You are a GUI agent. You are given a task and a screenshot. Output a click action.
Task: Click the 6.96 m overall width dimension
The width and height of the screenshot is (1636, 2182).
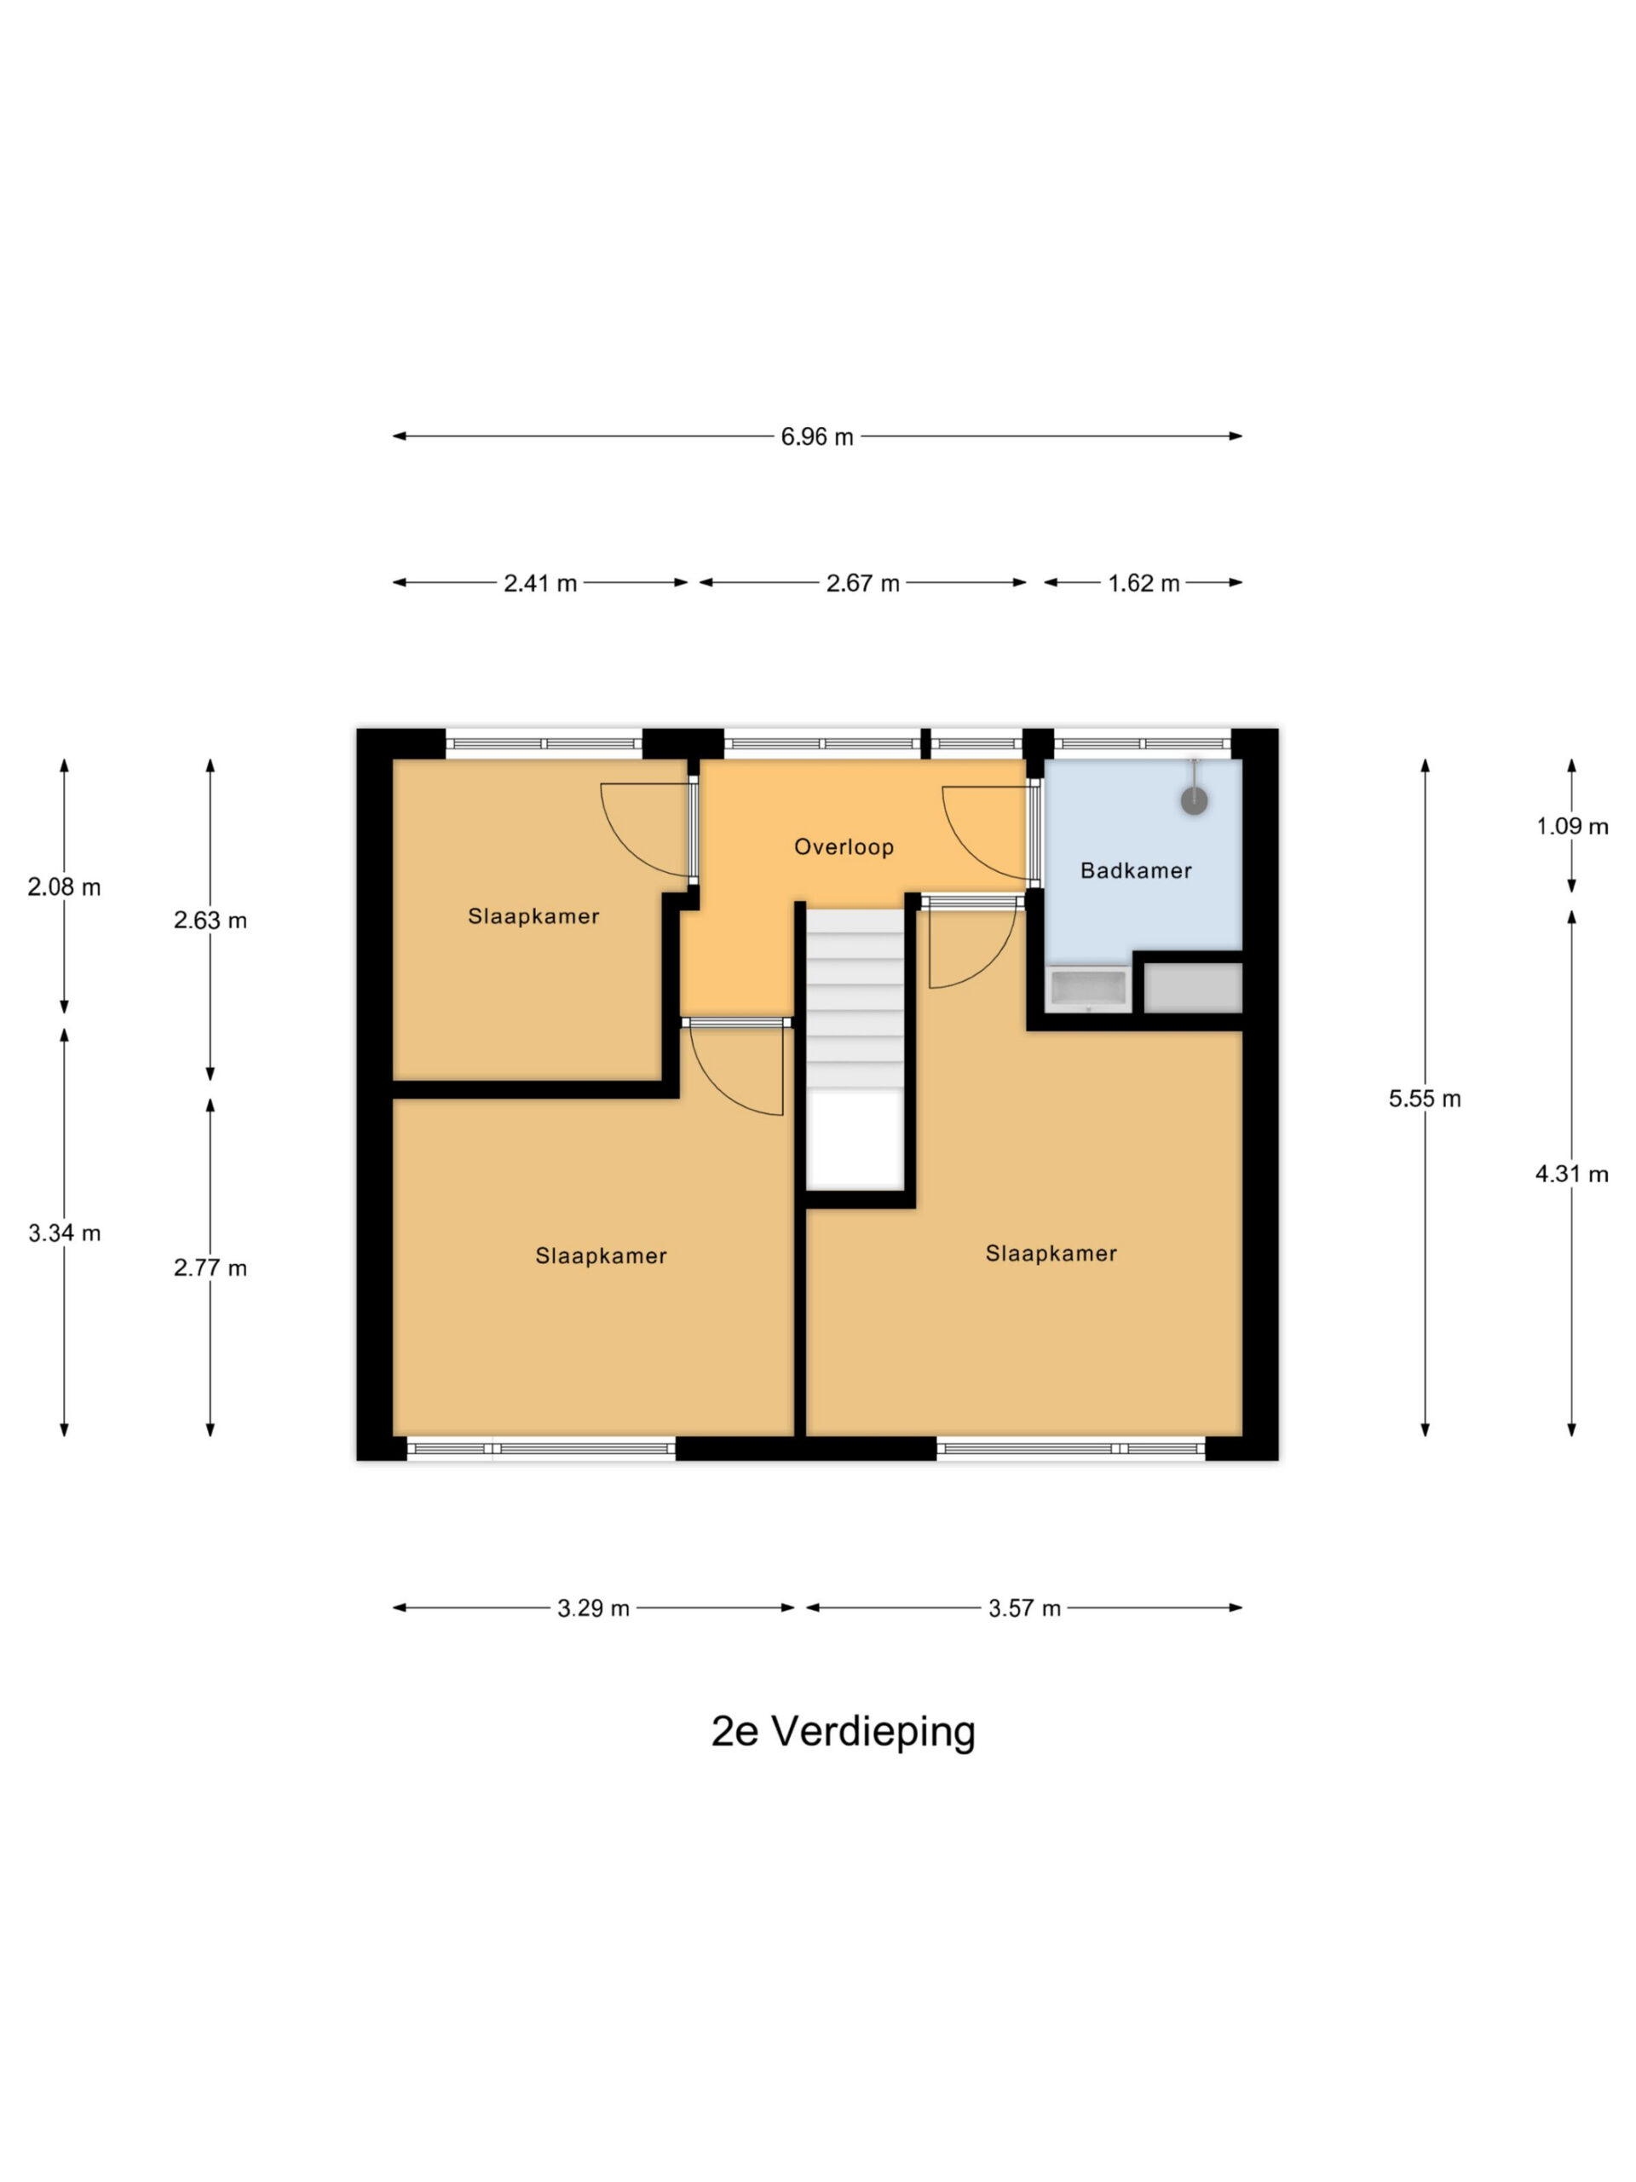tap(816, 436)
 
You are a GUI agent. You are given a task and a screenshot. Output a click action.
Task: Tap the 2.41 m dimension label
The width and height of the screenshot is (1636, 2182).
tap(539, 583)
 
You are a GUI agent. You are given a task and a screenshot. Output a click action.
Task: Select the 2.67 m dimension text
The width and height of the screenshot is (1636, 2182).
tap(862, 583)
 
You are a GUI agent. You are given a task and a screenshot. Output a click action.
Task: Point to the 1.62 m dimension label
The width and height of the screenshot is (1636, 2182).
tap(1143, 583)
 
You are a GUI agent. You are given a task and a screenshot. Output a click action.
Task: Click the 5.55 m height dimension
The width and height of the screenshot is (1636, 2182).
tap(1424, 1099)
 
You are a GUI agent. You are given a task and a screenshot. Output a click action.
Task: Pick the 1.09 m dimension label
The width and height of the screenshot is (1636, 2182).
tap(1572, 827)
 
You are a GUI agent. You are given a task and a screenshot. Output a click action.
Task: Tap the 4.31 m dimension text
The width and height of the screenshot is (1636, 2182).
tap(1572, 1174)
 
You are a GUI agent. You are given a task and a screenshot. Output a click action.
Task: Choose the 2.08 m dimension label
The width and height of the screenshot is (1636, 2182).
tap(64, 886)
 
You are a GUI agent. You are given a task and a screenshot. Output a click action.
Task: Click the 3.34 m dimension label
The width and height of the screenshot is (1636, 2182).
tap(64, 1233)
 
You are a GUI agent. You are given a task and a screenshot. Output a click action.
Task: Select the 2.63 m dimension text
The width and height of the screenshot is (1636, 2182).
tap(210, 921)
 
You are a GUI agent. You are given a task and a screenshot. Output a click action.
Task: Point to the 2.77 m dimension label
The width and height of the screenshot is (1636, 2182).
tap(210, 1267)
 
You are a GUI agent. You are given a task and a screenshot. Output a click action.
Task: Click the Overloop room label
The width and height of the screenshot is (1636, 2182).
tap(844, 846)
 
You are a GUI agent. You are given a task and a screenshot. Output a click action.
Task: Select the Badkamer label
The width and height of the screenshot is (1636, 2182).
tap(1136, 870)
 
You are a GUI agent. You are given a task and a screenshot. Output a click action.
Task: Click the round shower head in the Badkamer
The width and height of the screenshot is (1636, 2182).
tap(1195, 800)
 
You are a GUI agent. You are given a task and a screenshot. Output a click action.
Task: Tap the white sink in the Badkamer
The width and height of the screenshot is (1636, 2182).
tap(1089, 990)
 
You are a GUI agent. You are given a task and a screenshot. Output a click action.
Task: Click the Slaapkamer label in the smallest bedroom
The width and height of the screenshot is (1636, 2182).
tap(533, 916)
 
